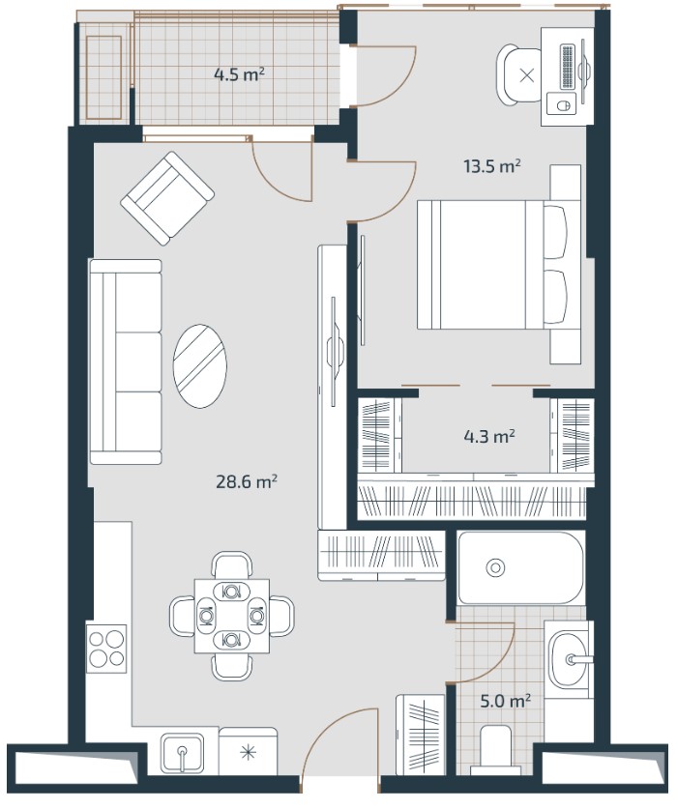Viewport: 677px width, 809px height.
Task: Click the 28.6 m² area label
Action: click(246, 482)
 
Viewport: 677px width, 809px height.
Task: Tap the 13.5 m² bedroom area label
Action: click(491, 166)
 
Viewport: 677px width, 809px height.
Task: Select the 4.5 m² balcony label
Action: click(239, 74)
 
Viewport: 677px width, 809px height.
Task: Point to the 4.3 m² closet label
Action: click(489, 437)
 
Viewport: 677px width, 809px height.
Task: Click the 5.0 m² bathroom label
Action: click(506, 702)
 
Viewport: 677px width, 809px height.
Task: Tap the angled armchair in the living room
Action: click(167, 198)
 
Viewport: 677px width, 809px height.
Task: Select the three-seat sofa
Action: click(126, 361)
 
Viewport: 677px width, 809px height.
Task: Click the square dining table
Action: click(232, 616)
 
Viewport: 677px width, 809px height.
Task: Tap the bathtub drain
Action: click(495, 568)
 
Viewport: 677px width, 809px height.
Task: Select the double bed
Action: click(494, 265)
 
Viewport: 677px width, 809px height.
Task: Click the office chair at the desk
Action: click(519, 75)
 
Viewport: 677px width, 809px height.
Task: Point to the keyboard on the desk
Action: click(567, 67)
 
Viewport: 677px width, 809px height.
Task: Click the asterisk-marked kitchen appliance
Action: click(249, 752)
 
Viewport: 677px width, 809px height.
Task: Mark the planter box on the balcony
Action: click(103, 77)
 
